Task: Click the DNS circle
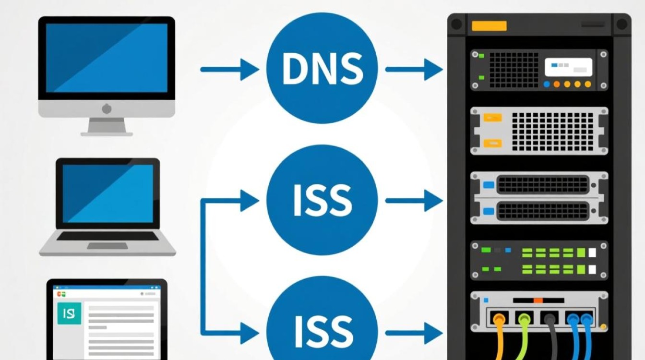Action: coord(322,70)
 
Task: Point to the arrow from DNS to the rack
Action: coord(413,70)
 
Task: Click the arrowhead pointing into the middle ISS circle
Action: coord(250,200)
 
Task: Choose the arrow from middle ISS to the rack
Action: coord(413,200)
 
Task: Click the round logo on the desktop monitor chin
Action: coord(107,108)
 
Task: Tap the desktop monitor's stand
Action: coord(107,126)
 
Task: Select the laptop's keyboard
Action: coord(107,236)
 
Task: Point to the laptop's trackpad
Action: coord(107,246)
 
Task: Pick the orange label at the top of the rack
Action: coord(489,26)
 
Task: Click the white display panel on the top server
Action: coord(568,67)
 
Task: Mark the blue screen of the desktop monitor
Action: coord(107,58)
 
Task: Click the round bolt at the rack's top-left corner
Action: coord(456,24)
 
